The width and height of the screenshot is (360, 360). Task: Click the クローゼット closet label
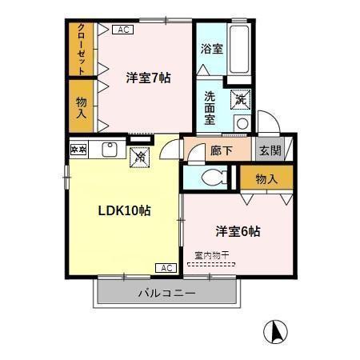click(x=82, y=47)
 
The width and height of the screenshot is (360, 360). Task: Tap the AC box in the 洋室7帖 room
click(x=122, y=30)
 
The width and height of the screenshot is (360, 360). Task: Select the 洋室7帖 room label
click(x=148, y=78)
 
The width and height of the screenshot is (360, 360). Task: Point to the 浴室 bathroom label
click(x=212, y=48)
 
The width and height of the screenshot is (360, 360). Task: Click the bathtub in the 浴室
click(x=240, y=48)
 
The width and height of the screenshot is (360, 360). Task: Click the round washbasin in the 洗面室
click(x=241, y=122)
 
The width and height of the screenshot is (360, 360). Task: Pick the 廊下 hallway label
click(x=220, y=149)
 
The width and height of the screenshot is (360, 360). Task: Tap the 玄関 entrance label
click(x=268, y=150)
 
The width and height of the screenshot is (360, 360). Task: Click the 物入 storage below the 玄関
click(x=266, y=178)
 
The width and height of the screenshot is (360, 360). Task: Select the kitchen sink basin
click(x=110, y=149)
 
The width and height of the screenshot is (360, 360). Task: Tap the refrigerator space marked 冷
click(x=139, y=156)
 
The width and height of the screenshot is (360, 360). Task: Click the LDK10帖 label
click(x=125, y=210)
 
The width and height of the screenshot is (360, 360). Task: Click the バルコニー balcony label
click(x=167, y=294)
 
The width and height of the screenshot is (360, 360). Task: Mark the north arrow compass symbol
click(x=275, y=330)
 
